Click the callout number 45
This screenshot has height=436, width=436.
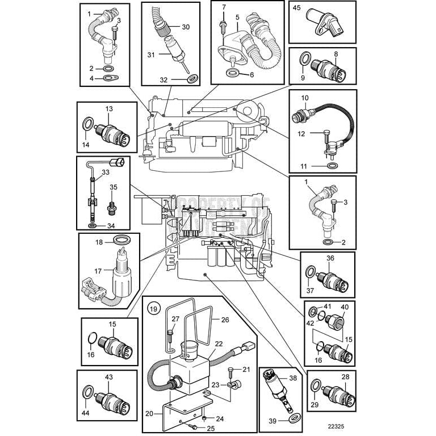pos(296,8)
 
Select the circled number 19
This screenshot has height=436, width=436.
pos(153,309)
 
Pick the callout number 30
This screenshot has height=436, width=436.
pos(186,27)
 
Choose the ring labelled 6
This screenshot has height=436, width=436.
pos(232,73)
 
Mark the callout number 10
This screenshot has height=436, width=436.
pos(304,98)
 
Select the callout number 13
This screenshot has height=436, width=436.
pos(109,108)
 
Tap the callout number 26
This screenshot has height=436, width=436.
pos(224,320)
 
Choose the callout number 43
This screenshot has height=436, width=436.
pos(108,376)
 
